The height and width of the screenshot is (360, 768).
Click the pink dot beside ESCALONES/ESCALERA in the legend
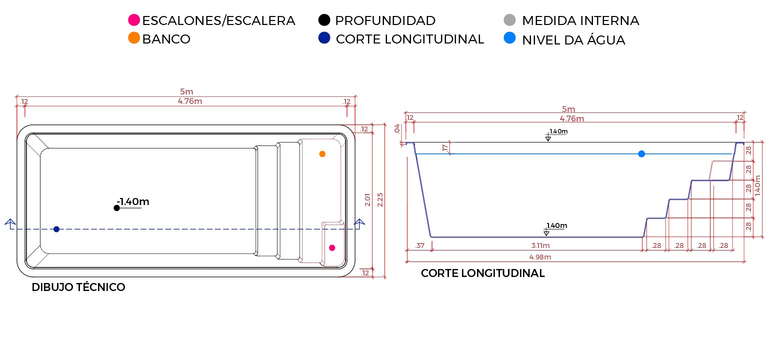pos(134,20)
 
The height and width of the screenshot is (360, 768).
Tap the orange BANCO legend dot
pos(134,38)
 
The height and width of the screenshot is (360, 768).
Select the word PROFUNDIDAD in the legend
pos(385,20)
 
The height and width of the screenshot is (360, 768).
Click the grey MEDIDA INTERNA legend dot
pos(509,20)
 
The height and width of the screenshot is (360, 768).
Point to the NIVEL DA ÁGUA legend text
pos(573,40)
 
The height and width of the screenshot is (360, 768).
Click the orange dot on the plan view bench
pos(322,154)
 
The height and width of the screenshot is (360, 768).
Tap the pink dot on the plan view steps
pos(332,247)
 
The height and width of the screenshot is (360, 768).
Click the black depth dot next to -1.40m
pos(116,208)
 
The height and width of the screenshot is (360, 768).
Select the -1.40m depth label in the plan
pos(133,201)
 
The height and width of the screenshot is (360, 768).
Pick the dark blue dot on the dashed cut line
pos(56,229)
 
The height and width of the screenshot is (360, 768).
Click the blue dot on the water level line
pos(641,153)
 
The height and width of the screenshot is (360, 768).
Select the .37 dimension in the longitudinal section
pos(420,245)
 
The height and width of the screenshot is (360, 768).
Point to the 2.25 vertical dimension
pos(381,200)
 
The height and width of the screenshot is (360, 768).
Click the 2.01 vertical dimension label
pos(368,200)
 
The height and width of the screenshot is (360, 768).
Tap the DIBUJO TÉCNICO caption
pos(78,287)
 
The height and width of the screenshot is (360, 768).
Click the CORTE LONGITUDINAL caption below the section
pos(482,273)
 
